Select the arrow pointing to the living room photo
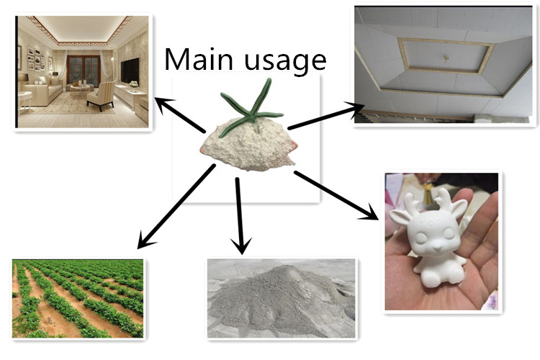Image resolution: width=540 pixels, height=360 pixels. pyautogui.click(x=181, y=116)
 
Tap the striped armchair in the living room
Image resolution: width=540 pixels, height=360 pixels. pyautogui.click(x=101, y=94)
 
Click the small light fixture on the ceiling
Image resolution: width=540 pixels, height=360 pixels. pyautogui.click(x=446, y=57)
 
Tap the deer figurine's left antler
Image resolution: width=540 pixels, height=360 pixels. pyautogui.click(x=402, y=204)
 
